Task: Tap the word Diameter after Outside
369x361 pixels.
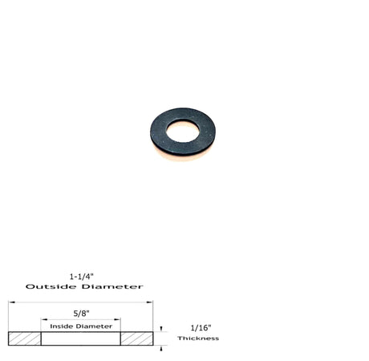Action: point(115,286)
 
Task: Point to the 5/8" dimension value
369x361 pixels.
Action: point(81,314)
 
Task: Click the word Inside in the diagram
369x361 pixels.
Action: point(62,327)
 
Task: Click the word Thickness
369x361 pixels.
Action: point(200,338)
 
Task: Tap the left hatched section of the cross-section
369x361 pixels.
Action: point(25,339)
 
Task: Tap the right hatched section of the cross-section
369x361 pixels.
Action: point(136,339)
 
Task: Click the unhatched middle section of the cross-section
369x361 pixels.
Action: point(80,339)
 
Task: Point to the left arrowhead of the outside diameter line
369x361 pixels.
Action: point(11,302)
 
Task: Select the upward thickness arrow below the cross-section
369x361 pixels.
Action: point(160,348)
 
